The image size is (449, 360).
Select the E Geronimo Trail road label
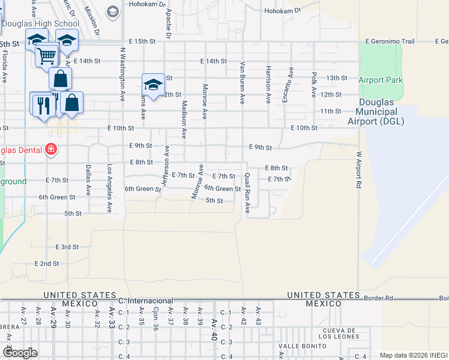391,42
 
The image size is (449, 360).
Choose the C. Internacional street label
146,300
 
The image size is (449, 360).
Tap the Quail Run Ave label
247,193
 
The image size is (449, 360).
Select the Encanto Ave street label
291,85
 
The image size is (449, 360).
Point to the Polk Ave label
313,85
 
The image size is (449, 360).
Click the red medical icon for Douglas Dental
50,149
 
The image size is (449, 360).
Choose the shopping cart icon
46,56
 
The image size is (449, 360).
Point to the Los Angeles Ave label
110,189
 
